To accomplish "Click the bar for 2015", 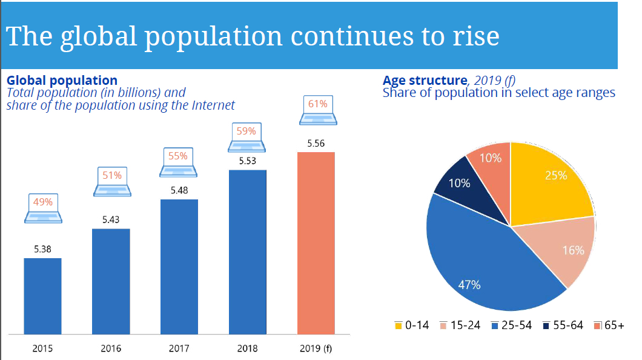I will (42, 296).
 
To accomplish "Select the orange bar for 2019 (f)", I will (316, 242).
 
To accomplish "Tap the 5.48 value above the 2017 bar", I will (179, 190).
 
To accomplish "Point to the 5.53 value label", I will (247, 161).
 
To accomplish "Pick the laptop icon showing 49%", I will (42, 208).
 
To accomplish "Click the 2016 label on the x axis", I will (111, 348).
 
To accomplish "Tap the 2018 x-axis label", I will (247, 348).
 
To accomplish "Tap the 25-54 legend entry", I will (512, 325).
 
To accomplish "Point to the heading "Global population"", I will (62, 80).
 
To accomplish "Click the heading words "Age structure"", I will (425, 80).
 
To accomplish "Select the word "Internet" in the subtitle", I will (213, 105).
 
